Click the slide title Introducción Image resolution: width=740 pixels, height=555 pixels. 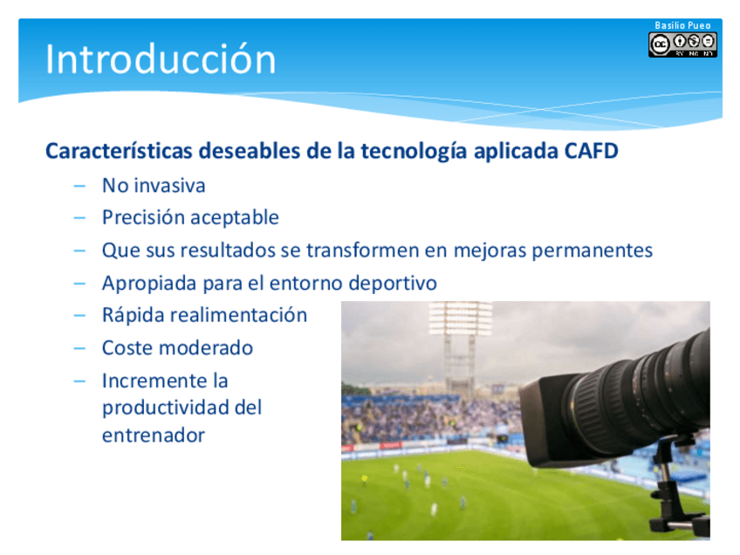(161, 58)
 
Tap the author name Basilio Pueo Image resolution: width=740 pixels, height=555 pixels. (682, 25)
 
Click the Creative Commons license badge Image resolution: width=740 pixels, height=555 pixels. (682, 45)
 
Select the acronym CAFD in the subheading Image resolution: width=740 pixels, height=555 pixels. (592, 151)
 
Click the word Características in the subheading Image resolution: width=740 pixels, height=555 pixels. (119, 151)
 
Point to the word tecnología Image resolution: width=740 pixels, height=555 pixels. (415, 152)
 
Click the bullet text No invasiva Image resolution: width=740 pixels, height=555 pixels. (154, 186)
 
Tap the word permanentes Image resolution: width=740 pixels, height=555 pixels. (593, 251)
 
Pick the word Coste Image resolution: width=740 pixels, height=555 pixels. (127, 348)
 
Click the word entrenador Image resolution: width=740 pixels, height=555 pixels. (154, 435)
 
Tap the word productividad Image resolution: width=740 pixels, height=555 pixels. (165, 408)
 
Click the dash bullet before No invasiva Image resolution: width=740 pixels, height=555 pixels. (79, 187)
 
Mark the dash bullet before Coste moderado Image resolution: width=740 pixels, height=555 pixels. (79, 349)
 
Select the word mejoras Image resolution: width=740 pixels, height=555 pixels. (490, 251)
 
